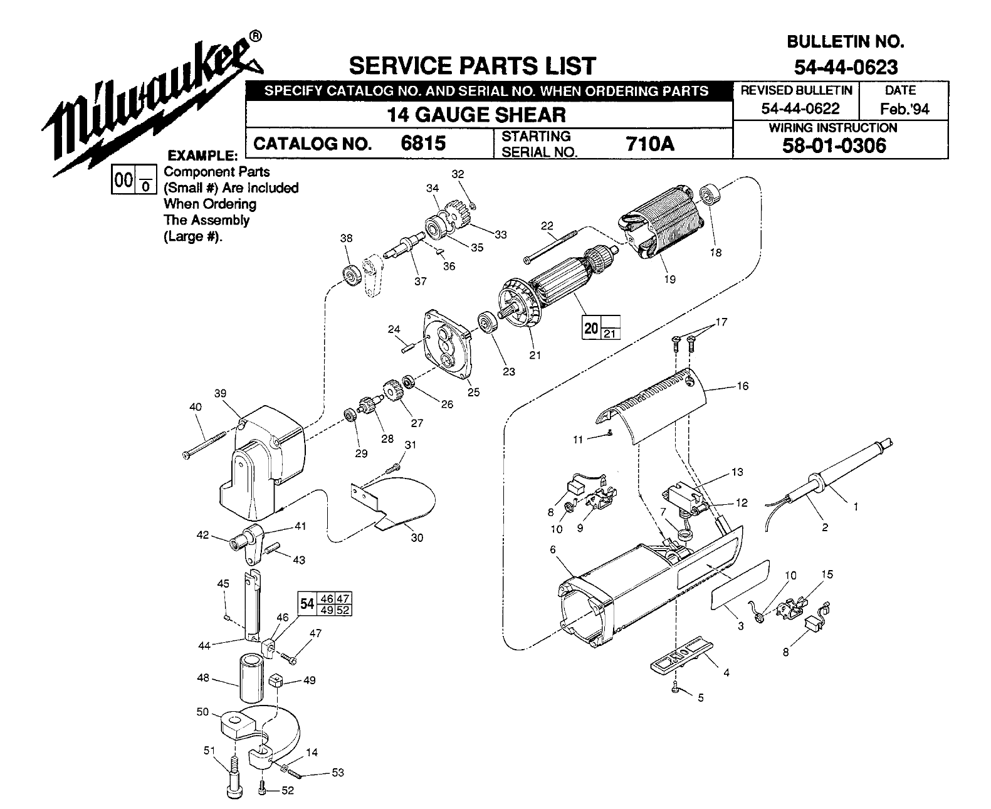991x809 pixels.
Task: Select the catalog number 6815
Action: click(x=423, y=144)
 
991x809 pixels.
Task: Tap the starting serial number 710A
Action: click(x=649, y=144)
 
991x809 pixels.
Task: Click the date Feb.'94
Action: click(x=904, y=108)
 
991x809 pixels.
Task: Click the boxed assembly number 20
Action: click(x=591, y=328)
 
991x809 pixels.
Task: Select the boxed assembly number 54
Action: click(x=307, y=604)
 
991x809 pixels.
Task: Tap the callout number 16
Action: click(x=743, y=386)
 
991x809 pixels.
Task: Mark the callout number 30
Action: click(x=417, y=537)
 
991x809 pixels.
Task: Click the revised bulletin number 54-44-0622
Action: click(x=800, y=108)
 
